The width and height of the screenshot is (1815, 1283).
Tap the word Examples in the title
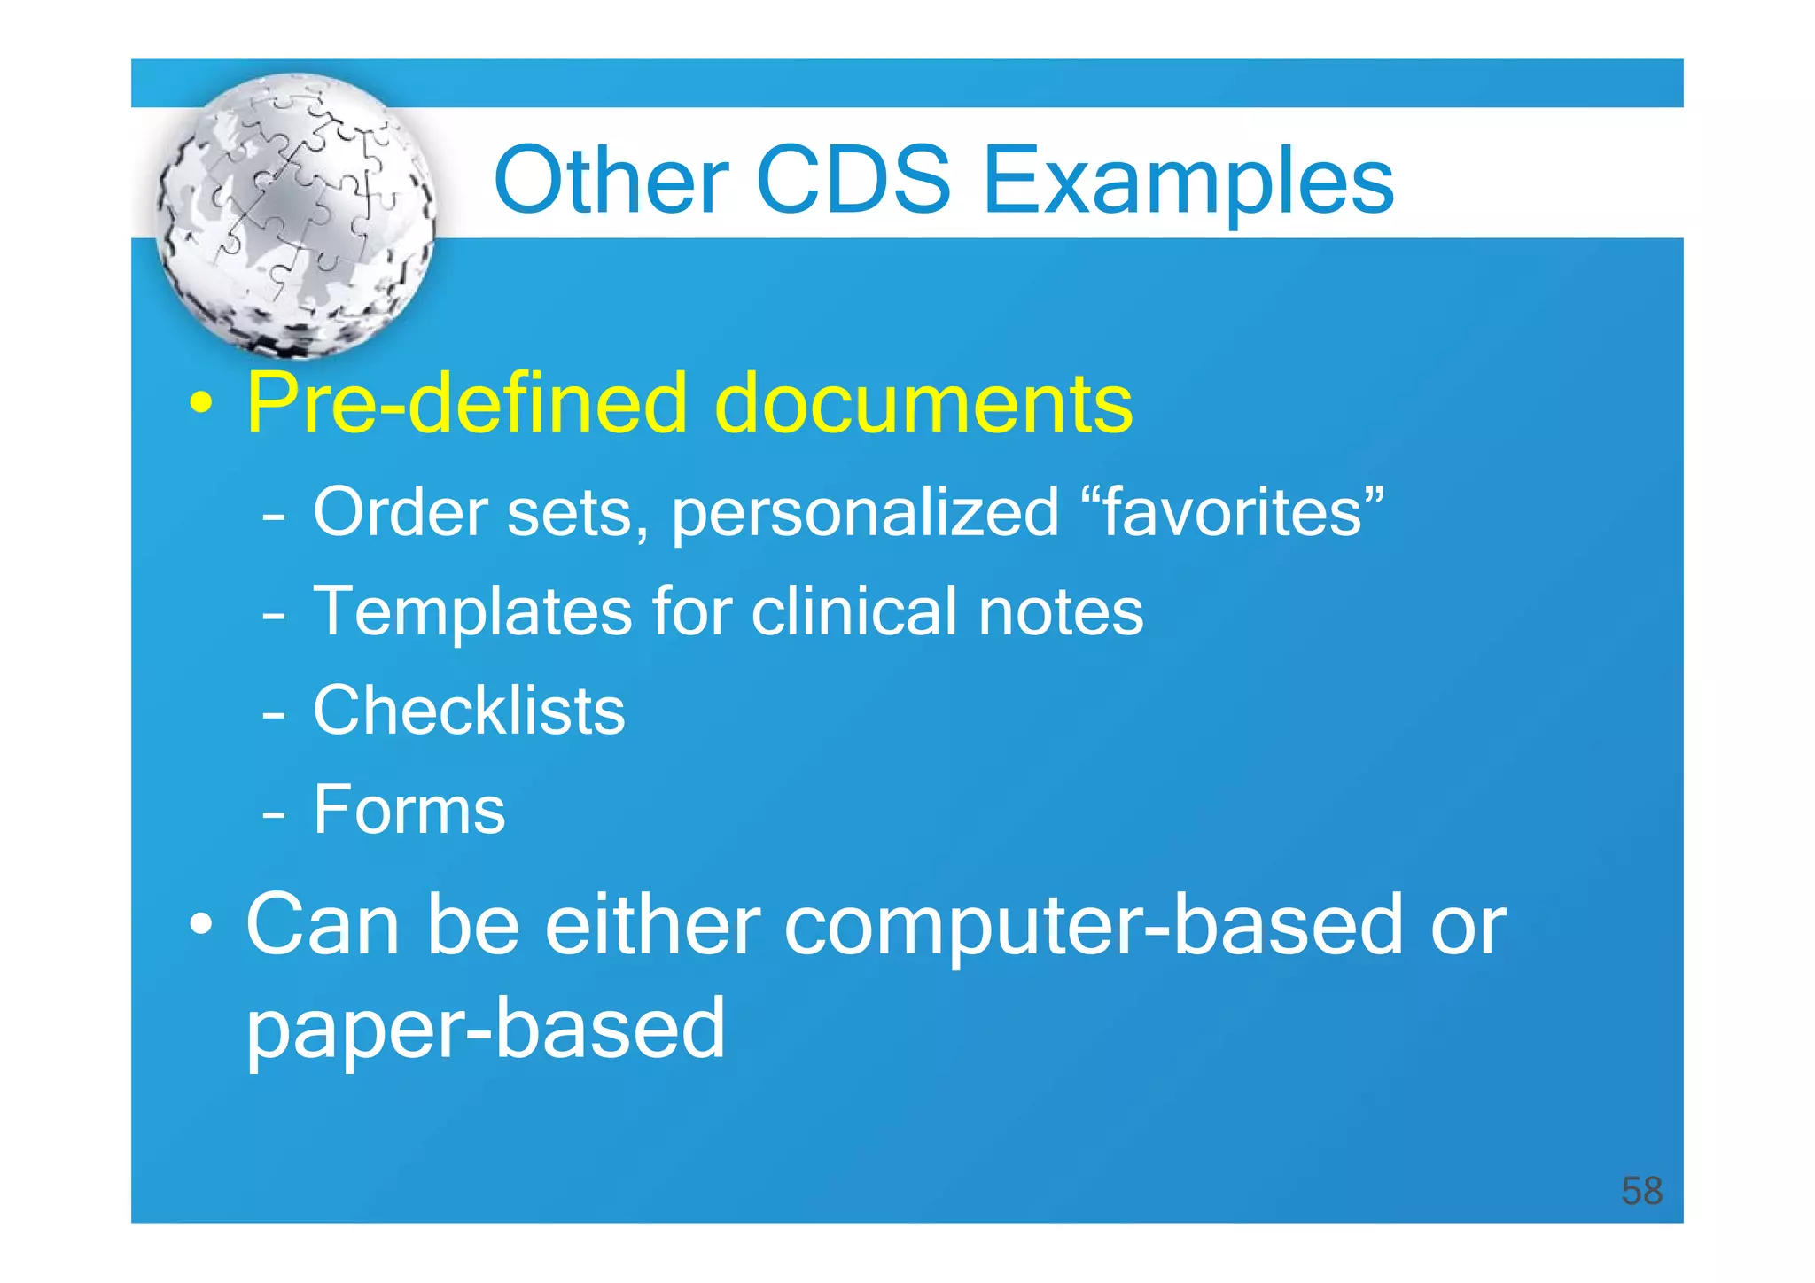1188,182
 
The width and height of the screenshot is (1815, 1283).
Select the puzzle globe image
296,215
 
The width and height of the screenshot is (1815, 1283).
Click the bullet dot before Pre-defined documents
202,405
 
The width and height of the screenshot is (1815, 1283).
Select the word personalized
865,514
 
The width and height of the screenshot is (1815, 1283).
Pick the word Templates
472,612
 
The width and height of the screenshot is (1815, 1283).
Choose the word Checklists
469,711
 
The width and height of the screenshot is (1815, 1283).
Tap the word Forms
409,810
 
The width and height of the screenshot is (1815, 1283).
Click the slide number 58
1640,1191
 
